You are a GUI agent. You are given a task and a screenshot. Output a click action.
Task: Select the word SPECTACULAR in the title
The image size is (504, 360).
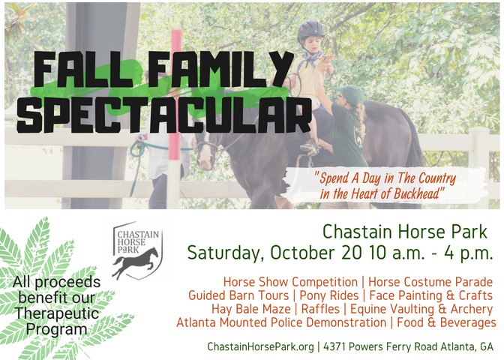[163, 116]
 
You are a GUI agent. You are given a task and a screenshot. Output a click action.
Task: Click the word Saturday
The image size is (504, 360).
[225, 252]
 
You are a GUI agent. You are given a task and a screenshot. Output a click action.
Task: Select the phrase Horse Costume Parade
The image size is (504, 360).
[430, 282]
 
